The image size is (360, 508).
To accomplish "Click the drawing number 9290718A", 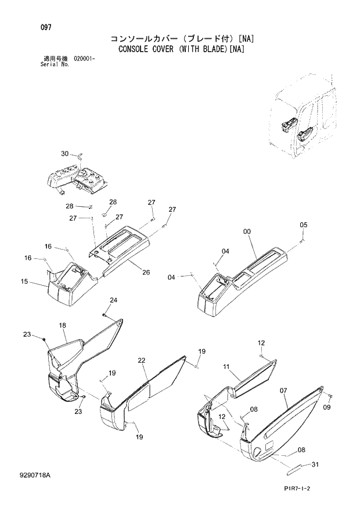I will [34, 475].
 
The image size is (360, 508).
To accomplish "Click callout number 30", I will [64, 154].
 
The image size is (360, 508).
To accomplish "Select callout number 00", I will [246, 232].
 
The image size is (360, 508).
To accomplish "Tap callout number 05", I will [303, 225].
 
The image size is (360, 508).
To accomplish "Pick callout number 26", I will [146, 272].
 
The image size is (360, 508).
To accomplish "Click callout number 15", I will [24, 282].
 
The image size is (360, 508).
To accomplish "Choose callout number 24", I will [113, 300].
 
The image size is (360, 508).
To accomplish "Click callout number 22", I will [141, 361].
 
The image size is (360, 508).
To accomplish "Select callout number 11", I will [227, 367].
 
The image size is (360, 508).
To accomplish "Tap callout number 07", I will [284, 391].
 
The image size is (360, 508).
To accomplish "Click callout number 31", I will [315, 463].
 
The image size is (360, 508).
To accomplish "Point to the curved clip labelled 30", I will [81, 155].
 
